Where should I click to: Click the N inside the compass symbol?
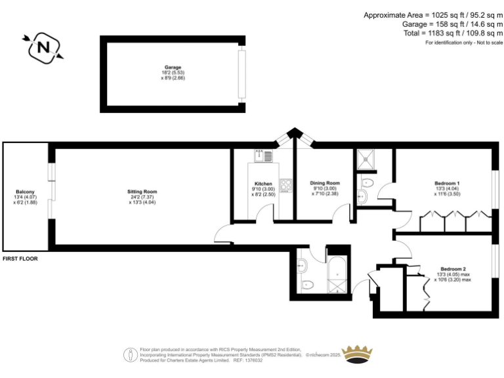[43, 47]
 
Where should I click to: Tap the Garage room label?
[173, 68]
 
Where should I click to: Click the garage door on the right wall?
[241, 73]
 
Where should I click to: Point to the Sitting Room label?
[142, 192]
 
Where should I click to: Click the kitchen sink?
[263, 156]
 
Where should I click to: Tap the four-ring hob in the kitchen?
[285, 185]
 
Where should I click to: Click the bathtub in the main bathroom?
[338, 275]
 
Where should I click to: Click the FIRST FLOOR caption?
[20, 259]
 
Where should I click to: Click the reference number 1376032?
[253, 360]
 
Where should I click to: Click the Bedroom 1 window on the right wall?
[493, 190]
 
